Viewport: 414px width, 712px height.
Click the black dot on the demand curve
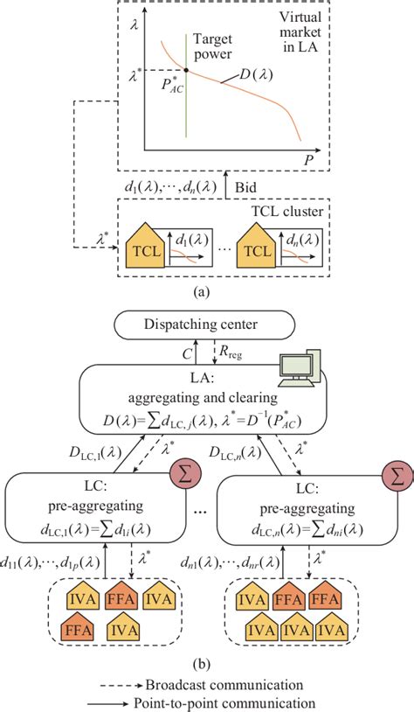186,69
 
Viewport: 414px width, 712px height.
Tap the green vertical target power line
186,114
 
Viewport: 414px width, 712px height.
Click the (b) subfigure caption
207,661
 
